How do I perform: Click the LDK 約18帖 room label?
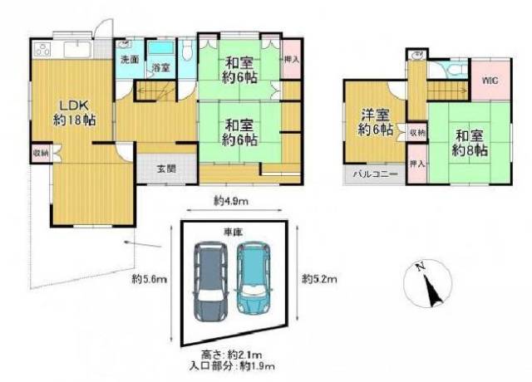pyautogui.click(x=72, y=111)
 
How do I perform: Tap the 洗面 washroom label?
pyautogui.click(x=128, y=60)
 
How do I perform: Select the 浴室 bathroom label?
pyautogui.click(x=160, y=66)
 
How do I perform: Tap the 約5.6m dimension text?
pyautogui.click(x=150, y=278)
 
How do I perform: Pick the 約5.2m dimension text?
pyautogui.click(x=320, y=278)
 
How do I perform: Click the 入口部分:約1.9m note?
pyautogui.click(x=231, y=366)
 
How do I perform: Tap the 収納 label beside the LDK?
pyautogui.click(x=41, y=152)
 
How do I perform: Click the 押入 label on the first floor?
pyautogui.click(x=291, y=60)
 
